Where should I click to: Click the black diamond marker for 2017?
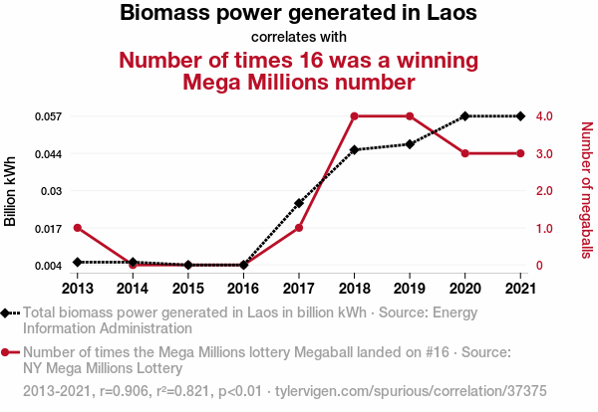[x=299, y=203]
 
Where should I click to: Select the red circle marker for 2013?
[x=77, y=228]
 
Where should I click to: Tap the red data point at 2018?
[x=354, y=116]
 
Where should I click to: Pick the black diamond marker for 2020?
[x=464, y=116]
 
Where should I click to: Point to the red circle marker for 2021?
[x=520, y=153]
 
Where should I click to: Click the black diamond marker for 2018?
[x=354, y=149]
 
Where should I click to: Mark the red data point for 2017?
[x=299, y=228]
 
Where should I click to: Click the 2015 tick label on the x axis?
[x=187, y=289]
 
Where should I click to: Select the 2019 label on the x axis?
[x=410, y=289]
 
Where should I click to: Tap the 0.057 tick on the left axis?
[x=48, y=116]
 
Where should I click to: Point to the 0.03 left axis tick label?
[x=52, y=191]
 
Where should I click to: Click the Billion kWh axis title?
[x=11, y=191]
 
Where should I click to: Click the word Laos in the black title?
[x=448, y=14]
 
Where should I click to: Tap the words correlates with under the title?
[x=299, y=38]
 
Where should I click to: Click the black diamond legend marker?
[x=8, y=312]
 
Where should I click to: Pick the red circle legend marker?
[x=8, y=352]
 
